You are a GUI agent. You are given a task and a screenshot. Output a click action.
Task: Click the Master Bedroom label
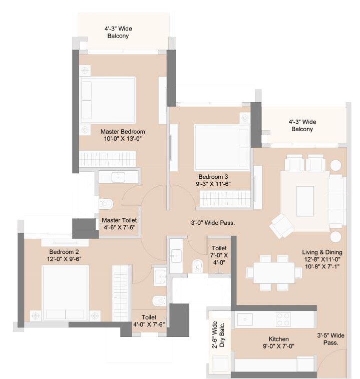123,132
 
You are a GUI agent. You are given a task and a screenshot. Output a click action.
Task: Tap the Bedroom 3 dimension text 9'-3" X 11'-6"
213,184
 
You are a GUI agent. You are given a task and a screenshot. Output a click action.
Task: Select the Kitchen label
278,339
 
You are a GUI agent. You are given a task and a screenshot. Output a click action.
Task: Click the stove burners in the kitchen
283,319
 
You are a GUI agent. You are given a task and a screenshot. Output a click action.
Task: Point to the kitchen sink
245,319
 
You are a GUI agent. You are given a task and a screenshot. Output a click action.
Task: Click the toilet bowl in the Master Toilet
106,204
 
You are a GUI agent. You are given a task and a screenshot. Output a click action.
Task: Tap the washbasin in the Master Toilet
119,177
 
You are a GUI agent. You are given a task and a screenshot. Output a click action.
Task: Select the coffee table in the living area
305,201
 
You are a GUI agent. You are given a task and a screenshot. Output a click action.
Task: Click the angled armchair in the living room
282,226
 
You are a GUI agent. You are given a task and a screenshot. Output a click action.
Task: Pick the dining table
274,272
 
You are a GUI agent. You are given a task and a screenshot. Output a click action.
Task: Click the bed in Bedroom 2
65,293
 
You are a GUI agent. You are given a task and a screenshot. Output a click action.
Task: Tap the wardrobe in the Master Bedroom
107,159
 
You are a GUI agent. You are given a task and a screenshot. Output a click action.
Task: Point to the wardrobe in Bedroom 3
225,199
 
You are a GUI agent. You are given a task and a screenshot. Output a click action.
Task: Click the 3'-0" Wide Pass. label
213,223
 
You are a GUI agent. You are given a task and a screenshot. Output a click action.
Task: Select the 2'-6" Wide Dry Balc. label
218,335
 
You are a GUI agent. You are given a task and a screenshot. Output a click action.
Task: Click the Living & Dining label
322,252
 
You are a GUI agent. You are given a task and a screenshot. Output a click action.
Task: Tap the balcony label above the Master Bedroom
118,33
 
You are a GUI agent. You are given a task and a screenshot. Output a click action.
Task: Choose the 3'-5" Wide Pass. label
331,339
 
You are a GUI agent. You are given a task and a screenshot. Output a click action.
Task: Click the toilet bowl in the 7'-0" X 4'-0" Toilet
198,266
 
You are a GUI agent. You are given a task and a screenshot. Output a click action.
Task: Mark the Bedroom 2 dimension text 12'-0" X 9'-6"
64,259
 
